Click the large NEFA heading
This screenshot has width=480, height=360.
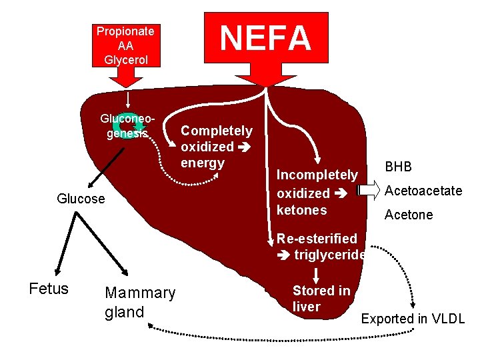tap(266, 38)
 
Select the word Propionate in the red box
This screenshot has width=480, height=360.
tap(125, 31)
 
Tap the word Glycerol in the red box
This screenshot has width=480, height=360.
tap(125, 59)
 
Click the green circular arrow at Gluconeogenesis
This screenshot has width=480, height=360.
tap(125, 123)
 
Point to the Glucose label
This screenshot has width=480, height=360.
tap(81, 199)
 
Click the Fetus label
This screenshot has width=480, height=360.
tap(49, 289)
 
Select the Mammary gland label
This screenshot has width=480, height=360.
tap(140, 302)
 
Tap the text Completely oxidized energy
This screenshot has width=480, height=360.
tap(217, 147)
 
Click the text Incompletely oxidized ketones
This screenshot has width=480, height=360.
tap(317, 192)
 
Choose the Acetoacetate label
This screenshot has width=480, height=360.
tap(423, 191)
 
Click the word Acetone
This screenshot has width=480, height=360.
tap(408, 215)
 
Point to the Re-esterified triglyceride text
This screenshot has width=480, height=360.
tap(320, 246)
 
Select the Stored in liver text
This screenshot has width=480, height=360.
tap(321, 299)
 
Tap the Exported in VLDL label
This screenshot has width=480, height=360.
tap(412, 319)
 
